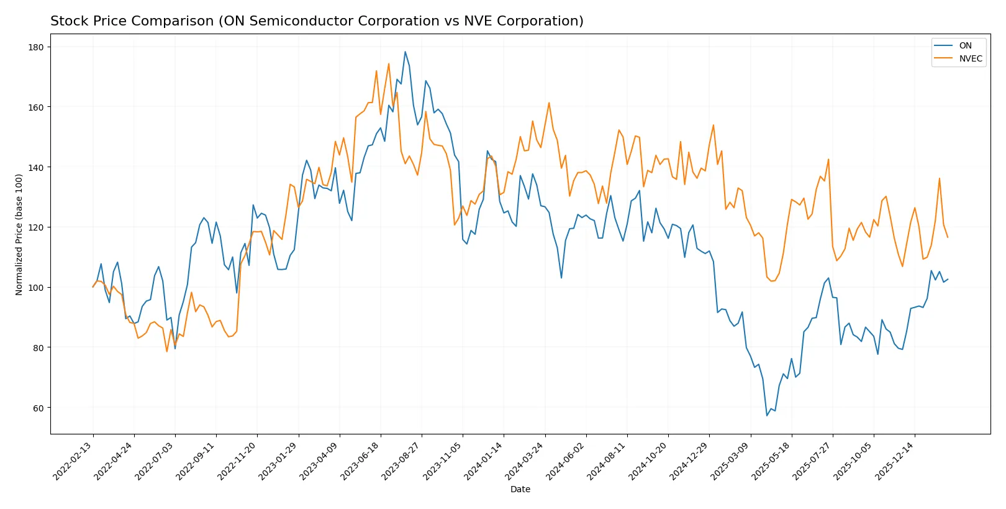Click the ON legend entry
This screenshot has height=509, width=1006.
965,45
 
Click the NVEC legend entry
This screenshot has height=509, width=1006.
970,59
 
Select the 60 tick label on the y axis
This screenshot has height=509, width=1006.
38,408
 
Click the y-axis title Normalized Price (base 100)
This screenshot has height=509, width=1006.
19,234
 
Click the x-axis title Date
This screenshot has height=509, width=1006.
520,489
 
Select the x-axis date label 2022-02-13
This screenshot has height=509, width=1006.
73,461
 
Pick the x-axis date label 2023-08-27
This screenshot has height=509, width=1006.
402,461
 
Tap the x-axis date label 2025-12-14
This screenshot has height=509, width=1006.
895,461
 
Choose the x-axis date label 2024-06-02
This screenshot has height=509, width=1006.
566,461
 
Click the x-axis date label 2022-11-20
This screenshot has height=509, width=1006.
237,461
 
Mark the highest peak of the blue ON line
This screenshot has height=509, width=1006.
405,52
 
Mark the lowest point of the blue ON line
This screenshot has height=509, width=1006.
767,415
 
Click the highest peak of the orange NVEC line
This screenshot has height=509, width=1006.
389,63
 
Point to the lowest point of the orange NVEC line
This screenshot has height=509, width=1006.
166,352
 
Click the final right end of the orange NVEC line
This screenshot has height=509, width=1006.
948,237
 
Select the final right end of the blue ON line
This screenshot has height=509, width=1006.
948,279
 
